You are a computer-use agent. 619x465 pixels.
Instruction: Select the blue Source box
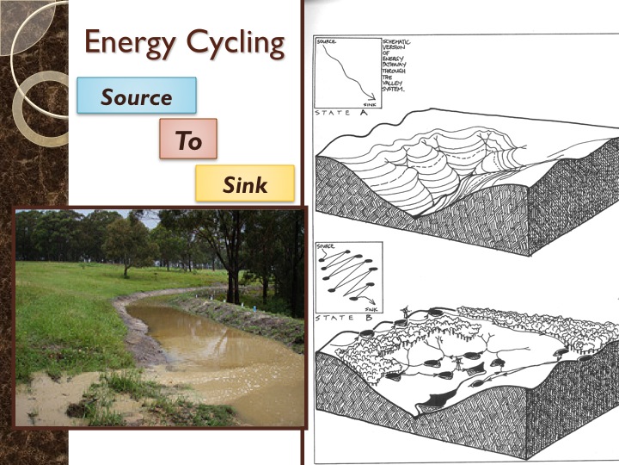[x=137, y=96]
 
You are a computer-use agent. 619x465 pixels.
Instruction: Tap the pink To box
[x=188, y=139]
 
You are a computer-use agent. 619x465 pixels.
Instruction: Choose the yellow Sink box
[x=245, y=183]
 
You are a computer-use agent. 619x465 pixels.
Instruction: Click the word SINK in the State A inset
[x=370, y=103]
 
